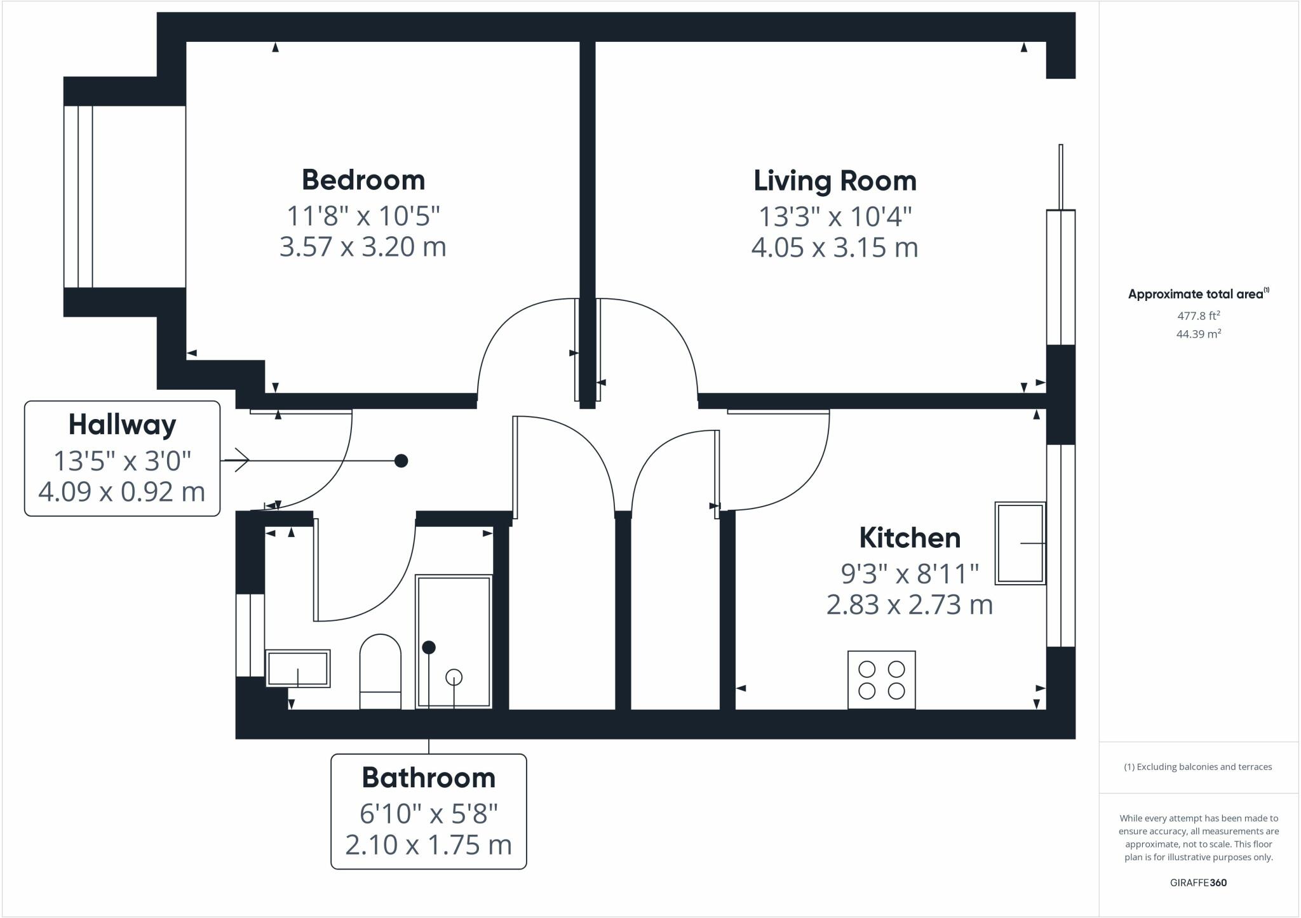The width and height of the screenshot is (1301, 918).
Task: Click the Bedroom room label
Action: tap(363, 180)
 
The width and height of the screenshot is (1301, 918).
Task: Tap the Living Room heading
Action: tap(835, 182)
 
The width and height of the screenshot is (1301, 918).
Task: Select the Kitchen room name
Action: tap(910, 538)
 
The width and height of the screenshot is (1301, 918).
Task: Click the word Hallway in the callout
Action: tap(122, 425)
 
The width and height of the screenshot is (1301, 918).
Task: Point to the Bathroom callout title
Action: tap(428, 778)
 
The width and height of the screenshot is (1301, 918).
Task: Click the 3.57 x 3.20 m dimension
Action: tap(363, 246)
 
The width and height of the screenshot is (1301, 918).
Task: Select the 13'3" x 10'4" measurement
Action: tap(835, 217)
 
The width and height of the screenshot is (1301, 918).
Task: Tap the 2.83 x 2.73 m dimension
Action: tap(909, 604)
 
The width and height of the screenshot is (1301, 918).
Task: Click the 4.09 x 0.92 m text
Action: tap(122, 492)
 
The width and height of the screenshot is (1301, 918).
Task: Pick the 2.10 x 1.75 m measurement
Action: tap(428, 845)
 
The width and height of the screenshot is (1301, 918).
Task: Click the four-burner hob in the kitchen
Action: tap(881, 680)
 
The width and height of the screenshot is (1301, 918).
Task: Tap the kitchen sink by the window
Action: tap(1020, 543)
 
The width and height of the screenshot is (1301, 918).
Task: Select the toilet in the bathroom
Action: tap(381, 672)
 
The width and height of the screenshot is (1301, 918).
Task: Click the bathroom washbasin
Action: tap(297, 669)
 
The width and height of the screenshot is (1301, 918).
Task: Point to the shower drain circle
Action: tap(454, 677)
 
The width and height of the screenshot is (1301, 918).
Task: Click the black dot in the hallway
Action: tap(401, 461)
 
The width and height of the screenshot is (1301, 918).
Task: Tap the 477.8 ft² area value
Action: tap(1198, 316)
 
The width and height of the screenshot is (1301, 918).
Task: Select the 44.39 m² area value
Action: tap(1198, 334)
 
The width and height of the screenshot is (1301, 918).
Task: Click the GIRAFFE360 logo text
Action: tap(1198, 882)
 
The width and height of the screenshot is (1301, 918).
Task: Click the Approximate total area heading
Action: tap(1197, 294)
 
